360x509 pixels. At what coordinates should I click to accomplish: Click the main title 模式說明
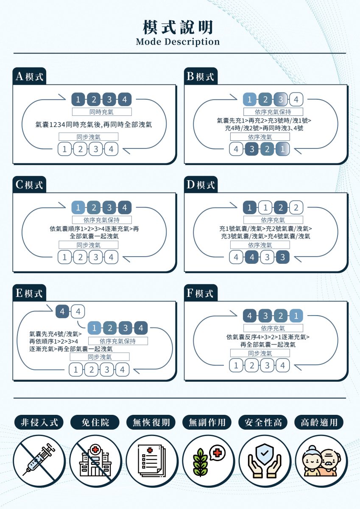pos(178,27)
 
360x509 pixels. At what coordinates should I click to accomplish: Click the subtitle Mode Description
pos(178,42)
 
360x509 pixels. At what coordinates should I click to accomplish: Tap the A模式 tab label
pos(30,76)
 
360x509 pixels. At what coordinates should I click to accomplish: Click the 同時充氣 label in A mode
pos(102,112)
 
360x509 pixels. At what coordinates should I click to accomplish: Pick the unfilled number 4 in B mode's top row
pos(296,100)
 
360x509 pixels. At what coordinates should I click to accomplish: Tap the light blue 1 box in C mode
pos(78,208)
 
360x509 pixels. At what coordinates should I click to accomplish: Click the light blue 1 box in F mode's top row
pos(296,316)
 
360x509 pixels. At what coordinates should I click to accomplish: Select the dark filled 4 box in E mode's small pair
pos(62,311)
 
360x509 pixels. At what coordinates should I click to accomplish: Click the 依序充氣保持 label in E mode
pos(118,341)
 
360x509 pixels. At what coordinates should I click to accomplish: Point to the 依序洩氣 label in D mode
pos(260,245)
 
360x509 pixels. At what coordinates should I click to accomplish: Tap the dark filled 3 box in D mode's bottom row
pos(283,257)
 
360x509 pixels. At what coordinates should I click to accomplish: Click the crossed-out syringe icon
pos(39,461)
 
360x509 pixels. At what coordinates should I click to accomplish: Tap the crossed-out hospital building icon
pos(95,461)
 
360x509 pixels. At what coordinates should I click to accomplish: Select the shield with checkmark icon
pos(265,460)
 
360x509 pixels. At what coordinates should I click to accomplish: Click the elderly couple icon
pos(321,461)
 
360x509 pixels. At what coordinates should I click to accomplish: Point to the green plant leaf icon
pos(200,462)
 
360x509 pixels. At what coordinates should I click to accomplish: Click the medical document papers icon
pos(152,461)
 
